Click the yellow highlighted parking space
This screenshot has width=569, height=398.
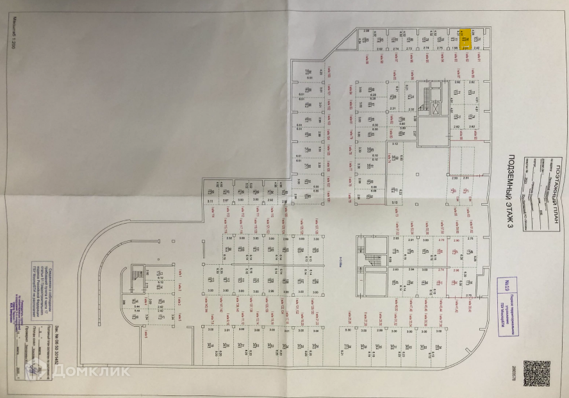click(466, 39)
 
